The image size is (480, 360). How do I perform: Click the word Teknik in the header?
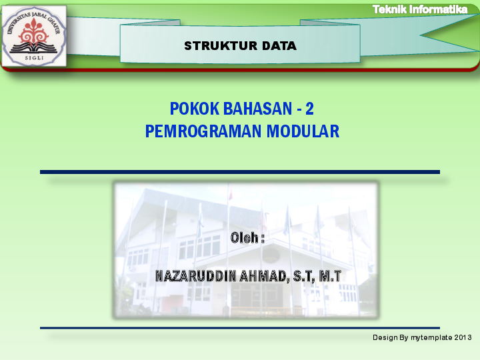click(x=389, y=9)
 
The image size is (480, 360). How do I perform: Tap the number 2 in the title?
click(x=309, y=108)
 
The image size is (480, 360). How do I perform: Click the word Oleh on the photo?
click(x=245, y=237)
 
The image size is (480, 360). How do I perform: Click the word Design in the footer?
click(x=385, y=339)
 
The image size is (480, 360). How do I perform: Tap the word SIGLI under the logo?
click(x=33, y=59)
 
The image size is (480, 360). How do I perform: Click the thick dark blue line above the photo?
click(x=240, y=172)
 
